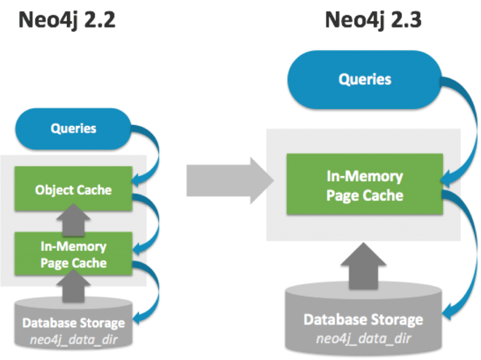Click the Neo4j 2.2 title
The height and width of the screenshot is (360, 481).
(x=67, y=20)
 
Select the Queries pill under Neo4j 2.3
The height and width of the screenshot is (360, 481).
(x=365, y=78)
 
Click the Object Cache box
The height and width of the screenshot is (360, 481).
(x=73, y=190)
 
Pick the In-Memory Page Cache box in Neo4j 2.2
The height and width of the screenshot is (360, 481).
(x=73, y=254)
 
